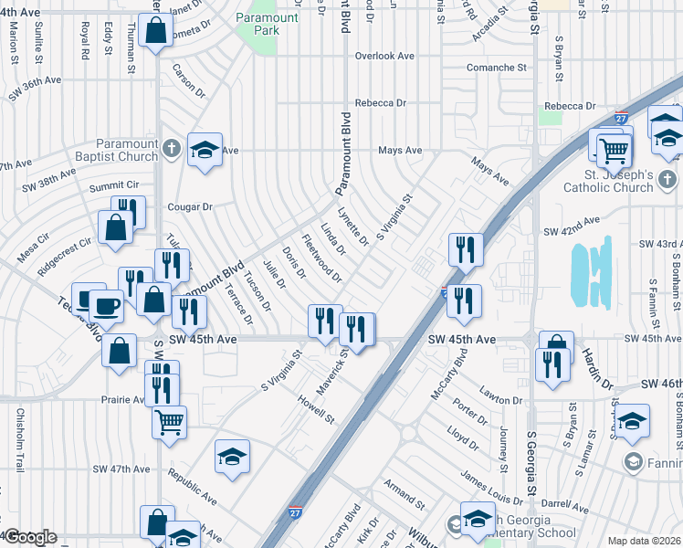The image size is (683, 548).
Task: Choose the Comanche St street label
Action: coord(497,68)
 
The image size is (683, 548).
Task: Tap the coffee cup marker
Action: coord(105,304)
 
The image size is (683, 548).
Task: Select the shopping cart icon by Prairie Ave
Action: coord(169,422)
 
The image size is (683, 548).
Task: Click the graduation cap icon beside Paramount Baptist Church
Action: coord(205,149)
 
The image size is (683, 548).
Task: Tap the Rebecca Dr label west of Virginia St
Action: coord(381,103)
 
